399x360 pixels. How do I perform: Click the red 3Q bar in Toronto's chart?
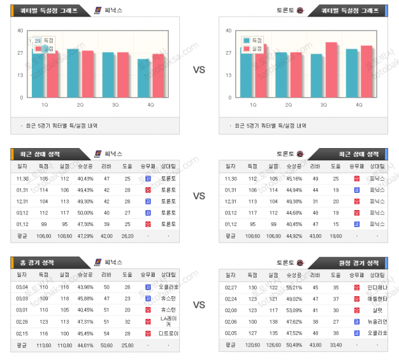point(331,69)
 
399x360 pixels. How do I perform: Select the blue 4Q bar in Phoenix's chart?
point(143,78)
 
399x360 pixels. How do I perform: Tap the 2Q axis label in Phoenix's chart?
point(80,105)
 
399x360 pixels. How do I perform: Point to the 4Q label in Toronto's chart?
point(359,105)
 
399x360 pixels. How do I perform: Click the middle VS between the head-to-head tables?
point(199,196)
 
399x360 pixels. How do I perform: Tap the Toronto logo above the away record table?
point(299,262)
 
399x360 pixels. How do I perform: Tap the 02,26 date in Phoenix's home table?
point(22,321)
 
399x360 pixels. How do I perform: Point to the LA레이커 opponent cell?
point(168,321)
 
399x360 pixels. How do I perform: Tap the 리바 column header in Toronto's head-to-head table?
point(315,166)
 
